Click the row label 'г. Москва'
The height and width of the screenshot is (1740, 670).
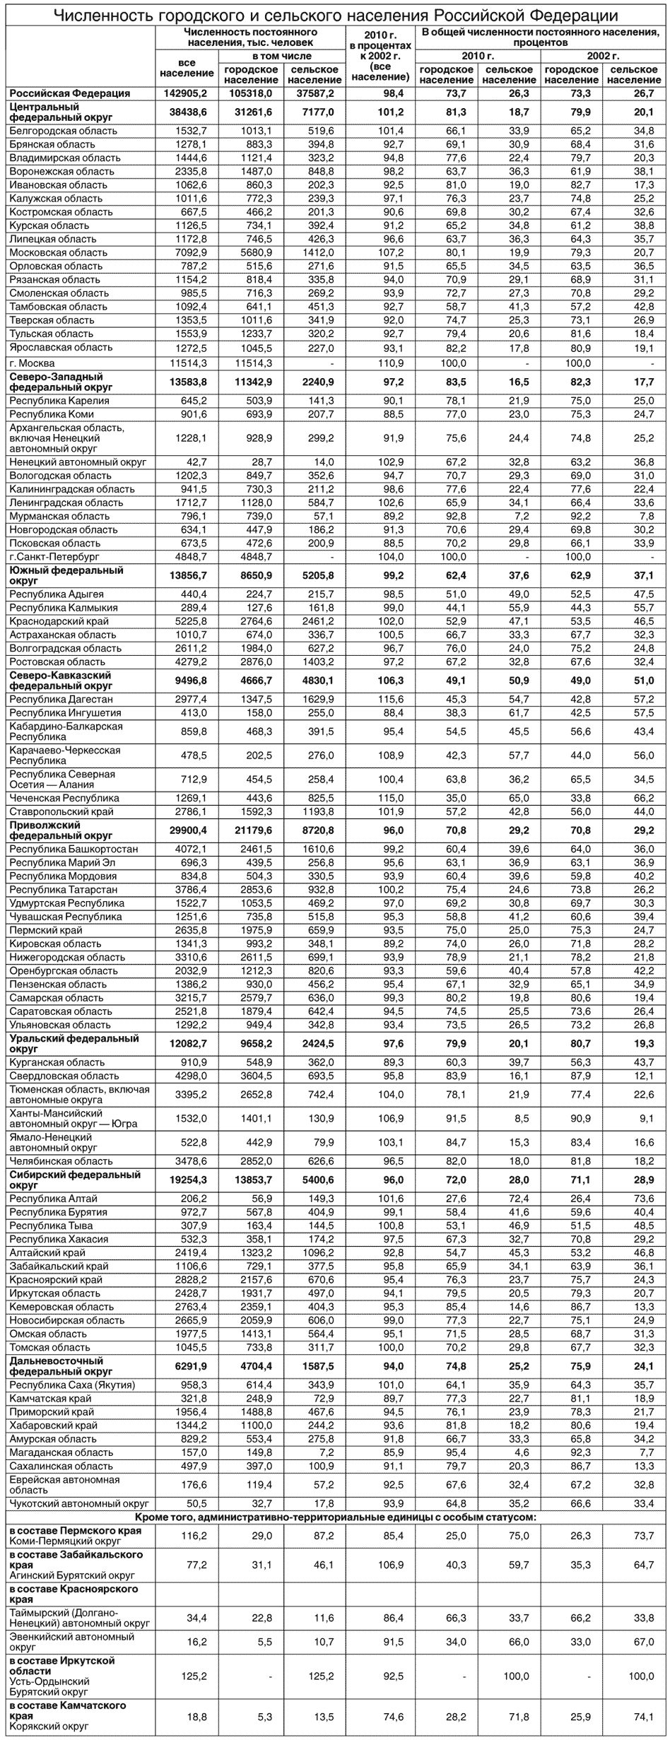pos(33,363)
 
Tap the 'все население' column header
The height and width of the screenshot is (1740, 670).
pos(187,68)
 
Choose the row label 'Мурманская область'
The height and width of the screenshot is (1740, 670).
pos(59,516)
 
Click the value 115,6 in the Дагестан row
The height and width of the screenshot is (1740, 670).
pos(391,699)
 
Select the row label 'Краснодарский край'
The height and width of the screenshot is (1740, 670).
pos(59,621)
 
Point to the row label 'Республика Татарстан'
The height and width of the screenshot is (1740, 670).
pos(64,890)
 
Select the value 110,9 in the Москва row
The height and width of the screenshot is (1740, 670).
pos(391,363)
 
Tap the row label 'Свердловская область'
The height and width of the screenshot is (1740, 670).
pos(64,1076)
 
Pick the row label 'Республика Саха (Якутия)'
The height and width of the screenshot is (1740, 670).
pos(72,1385)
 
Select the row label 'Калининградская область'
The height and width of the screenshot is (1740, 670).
pos(71,489)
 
